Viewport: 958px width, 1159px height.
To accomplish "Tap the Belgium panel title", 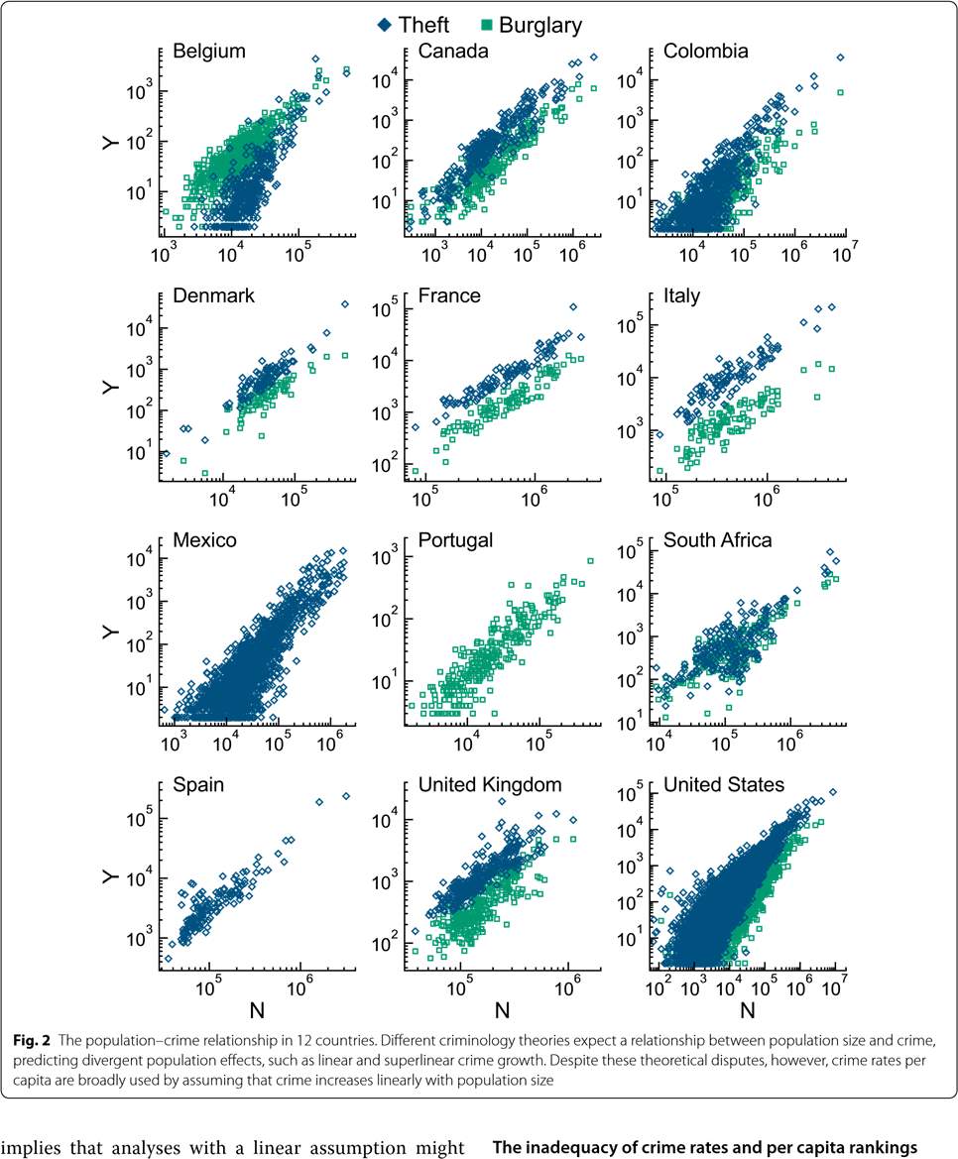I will pos(209,52).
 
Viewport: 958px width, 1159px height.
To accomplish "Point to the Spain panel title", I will pos(198,785).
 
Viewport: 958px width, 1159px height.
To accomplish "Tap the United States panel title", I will pos(724,785).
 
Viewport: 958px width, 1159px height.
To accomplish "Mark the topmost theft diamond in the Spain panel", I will pos(346,795).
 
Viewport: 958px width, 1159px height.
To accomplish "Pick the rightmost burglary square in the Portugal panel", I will pos(590,561).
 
